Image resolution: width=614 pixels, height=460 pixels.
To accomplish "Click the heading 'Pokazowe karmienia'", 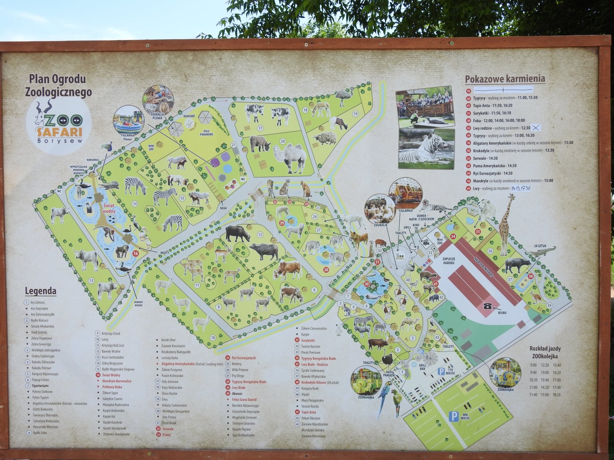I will [x=504, y=79].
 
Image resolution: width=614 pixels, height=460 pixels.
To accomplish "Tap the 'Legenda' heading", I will [x=41, y=291].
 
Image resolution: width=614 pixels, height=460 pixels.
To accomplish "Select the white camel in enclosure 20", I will [x=290, y=158].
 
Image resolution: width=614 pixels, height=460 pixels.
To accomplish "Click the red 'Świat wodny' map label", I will [x=109, y=208].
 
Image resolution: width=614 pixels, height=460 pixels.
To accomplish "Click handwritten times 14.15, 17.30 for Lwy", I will [x=521, y=188].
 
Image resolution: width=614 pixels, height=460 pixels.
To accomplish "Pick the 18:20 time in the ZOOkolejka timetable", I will [x=556, y=395].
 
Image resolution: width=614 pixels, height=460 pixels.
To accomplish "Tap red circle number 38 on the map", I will [x=530, y=276].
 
